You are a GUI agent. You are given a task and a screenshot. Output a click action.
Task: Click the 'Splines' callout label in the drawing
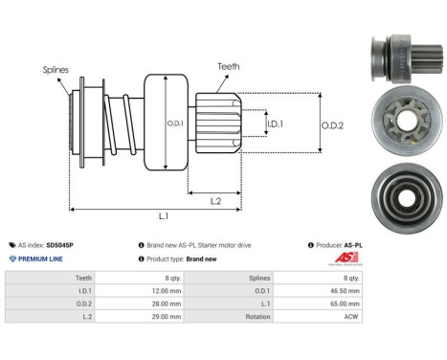56,69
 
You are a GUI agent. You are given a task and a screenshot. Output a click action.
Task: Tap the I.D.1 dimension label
274,124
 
